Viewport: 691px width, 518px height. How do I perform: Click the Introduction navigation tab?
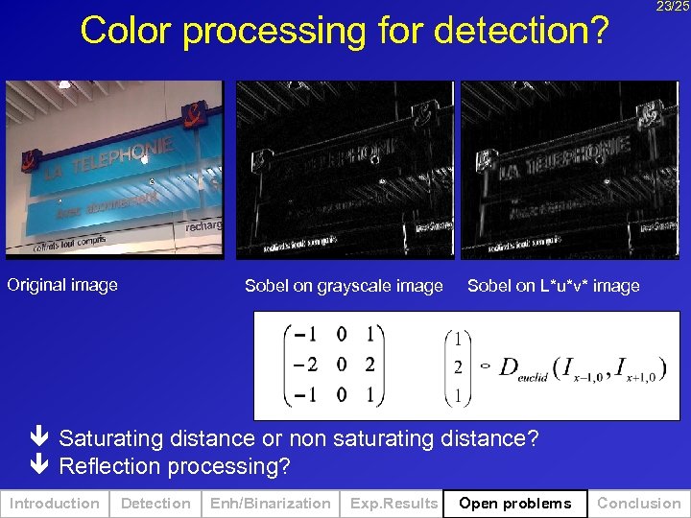[x=54, y=504]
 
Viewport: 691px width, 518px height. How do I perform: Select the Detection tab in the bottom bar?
[x=155, y=504]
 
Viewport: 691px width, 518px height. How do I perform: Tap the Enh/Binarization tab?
[x=270, y=504]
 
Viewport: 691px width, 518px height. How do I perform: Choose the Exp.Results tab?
[x=393, y=504]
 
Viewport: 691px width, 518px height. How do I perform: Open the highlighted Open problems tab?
[x=514, y=504]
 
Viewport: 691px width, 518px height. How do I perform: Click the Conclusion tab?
[x=639, y=504]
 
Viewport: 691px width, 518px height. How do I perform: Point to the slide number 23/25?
[x=673, y=7]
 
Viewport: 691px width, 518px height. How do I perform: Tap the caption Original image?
[x=62, y=285]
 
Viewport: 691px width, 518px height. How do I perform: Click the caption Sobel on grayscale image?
[x=344, y=286]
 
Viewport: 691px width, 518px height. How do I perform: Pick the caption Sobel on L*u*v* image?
[x=553, y=286]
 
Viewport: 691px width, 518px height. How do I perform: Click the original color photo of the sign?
[x=114, y=170]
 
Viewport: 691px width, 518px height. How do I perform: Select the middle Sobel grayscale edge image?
[x=345, y=170]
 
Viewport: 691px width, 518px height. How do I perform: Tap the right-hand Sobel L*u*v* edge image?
[x=570, y=170]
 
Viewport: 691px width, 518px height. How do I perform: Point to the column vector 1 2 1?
[x=458, y=366]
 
